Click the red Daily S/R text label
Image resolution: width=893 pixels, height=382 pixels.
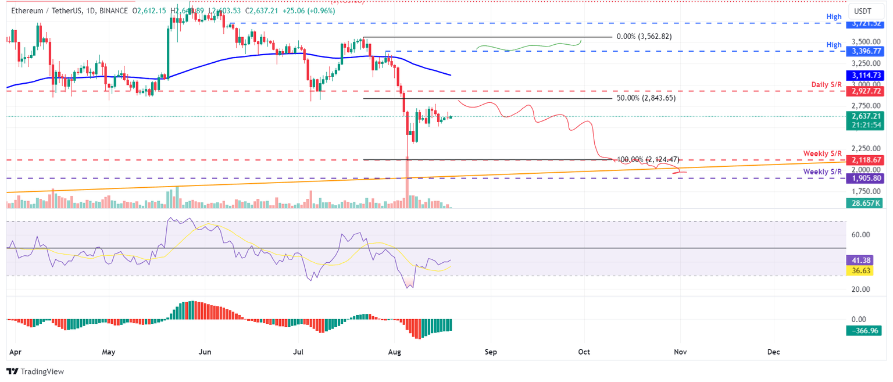pyautogui.click(x=826, y=85)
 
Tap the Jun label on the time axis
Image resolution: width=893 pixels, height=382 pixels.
pyautogui.click(x=204, y=352)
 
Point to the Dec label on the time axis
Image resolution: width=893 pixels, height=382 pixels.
pyautogui.click(x=773, y=352)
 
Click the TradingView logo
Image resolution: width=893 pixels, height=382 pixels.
pyautogui.click(x=35, y=371)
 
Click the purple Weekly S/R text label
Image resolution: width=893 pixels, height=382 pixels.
pyautogui.click(x=823, y=172)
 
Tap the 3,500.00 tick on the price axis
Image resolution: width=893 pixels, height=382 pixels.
pyautogui.click(x=866, y=42)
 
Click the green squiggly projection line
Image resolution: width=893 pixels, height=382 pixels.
pyautogui.click(x=529, y=47)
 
